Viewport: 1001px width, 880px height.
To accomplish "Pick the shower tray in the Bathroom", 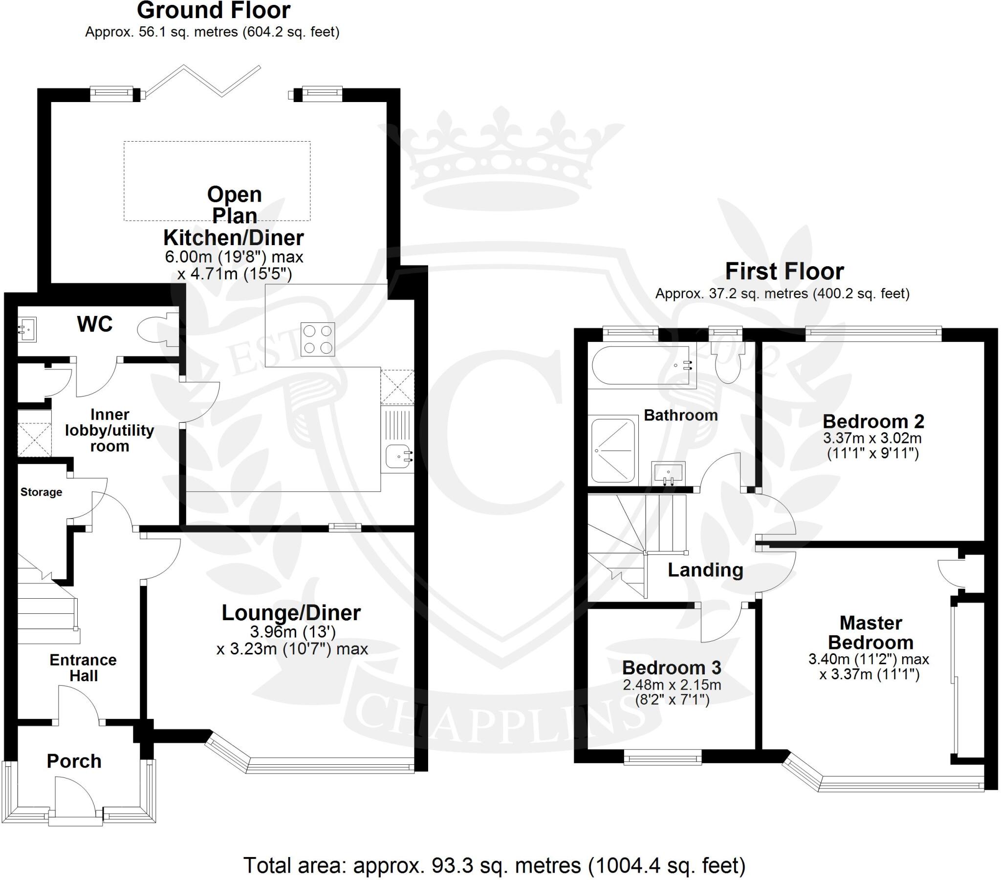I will coord(613,450).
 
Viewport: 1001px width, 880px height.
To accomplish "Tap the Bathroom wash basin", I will coord(668,473).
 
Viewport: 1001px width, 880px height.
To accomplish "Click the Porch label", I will coord(74,761).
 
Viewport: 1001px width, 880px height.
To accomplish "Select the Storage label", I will coord(41,492).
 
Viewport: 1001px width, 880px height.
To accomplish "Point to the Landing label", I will coord(705,570).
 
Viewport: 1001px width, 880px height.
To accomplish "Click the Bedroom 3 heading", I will coord(672,668).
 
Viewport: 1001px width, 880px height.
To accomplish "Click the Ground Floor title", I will coord(214,11).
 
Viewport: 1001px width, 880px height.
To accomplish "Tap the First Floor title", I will coord(784,271).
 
